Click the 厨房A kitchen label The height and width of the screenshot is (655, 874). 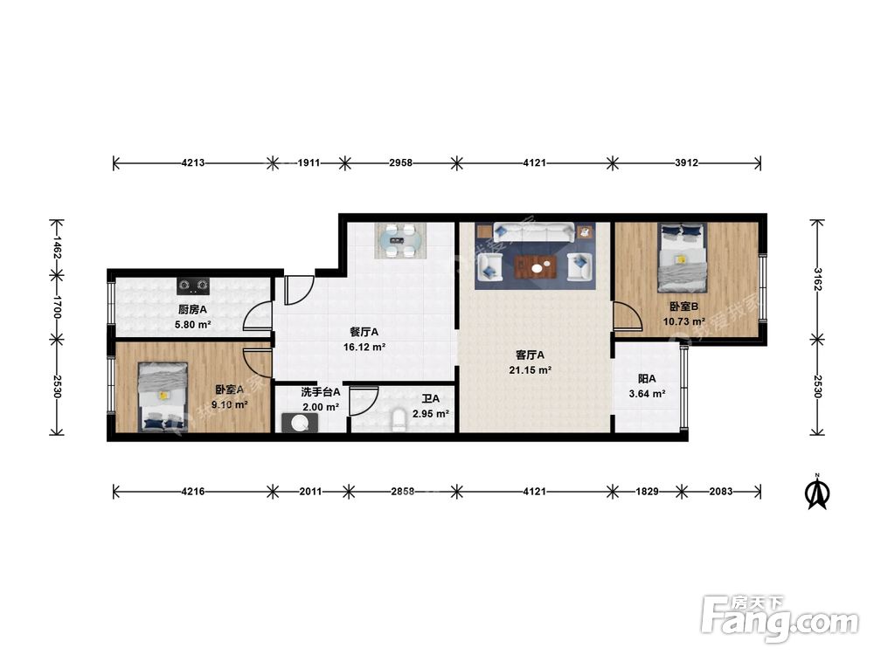192,309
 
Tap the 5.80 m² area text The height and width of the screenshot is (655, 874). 193,324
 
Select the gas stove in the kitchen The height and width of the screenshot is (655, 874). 193,286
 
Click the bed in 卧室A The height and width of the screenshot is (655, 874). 163,396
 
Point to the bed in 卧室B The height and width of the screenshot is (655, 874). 683,258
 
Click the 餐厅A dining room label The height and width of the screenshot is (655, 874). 364,332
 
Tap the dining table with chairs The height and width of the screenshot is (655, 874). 401,240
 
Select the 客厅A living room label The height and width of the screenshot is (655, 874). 531,355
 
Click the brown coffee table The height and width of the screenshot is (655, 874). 537,267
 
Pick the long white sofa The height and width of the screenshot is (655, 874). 533,232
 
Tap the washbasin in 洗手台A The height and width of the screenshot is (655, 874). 300,423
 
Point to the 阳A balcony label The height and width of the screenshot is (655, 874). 647,379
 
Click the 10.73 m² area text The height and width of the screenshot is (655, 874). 684,321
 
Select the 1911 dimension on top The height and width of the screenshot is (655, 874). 309,162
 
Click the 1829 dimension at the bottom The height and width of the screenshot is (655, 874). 647,491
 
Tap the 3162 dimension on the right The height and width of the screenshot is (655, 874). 817,279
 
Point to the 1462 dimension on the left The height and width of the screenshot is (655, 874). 57,247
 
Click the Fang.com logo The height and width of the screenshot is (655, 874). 780,618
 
